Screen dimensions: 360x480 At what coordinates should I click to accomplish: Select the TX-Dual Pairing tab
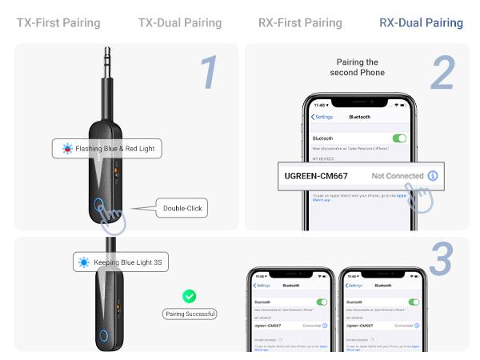coord(179,22)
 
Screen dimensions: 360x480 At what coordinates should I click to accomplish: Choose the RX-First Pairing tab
coord(300,22)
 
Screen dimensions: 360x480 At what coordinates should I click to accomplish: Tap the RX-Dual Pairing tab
coord(421,22)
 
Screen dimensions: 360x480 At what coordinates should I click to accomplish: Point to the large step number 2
coord(442,73)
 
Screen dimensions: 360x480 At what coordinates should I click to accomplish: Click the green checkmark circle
coord(190,296)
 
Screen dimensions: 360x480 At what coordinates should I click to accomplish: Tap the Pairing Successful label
coord(190,314)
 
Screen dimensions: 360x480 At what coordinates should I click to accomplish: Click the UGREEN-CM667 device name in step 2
coord(316,175)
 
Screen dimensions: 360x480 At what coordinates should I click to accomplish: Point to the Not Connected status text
coord(398,175)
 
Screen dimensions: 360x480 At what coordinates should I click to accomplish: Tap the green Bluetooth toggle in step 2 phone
coord(399,138)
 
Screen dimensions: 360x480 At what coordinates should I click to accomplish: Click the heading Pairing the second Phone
coord(358,67)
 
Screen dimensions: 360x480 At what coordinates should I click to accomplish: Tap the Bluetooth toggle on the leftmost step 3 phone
coord(322,302)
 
